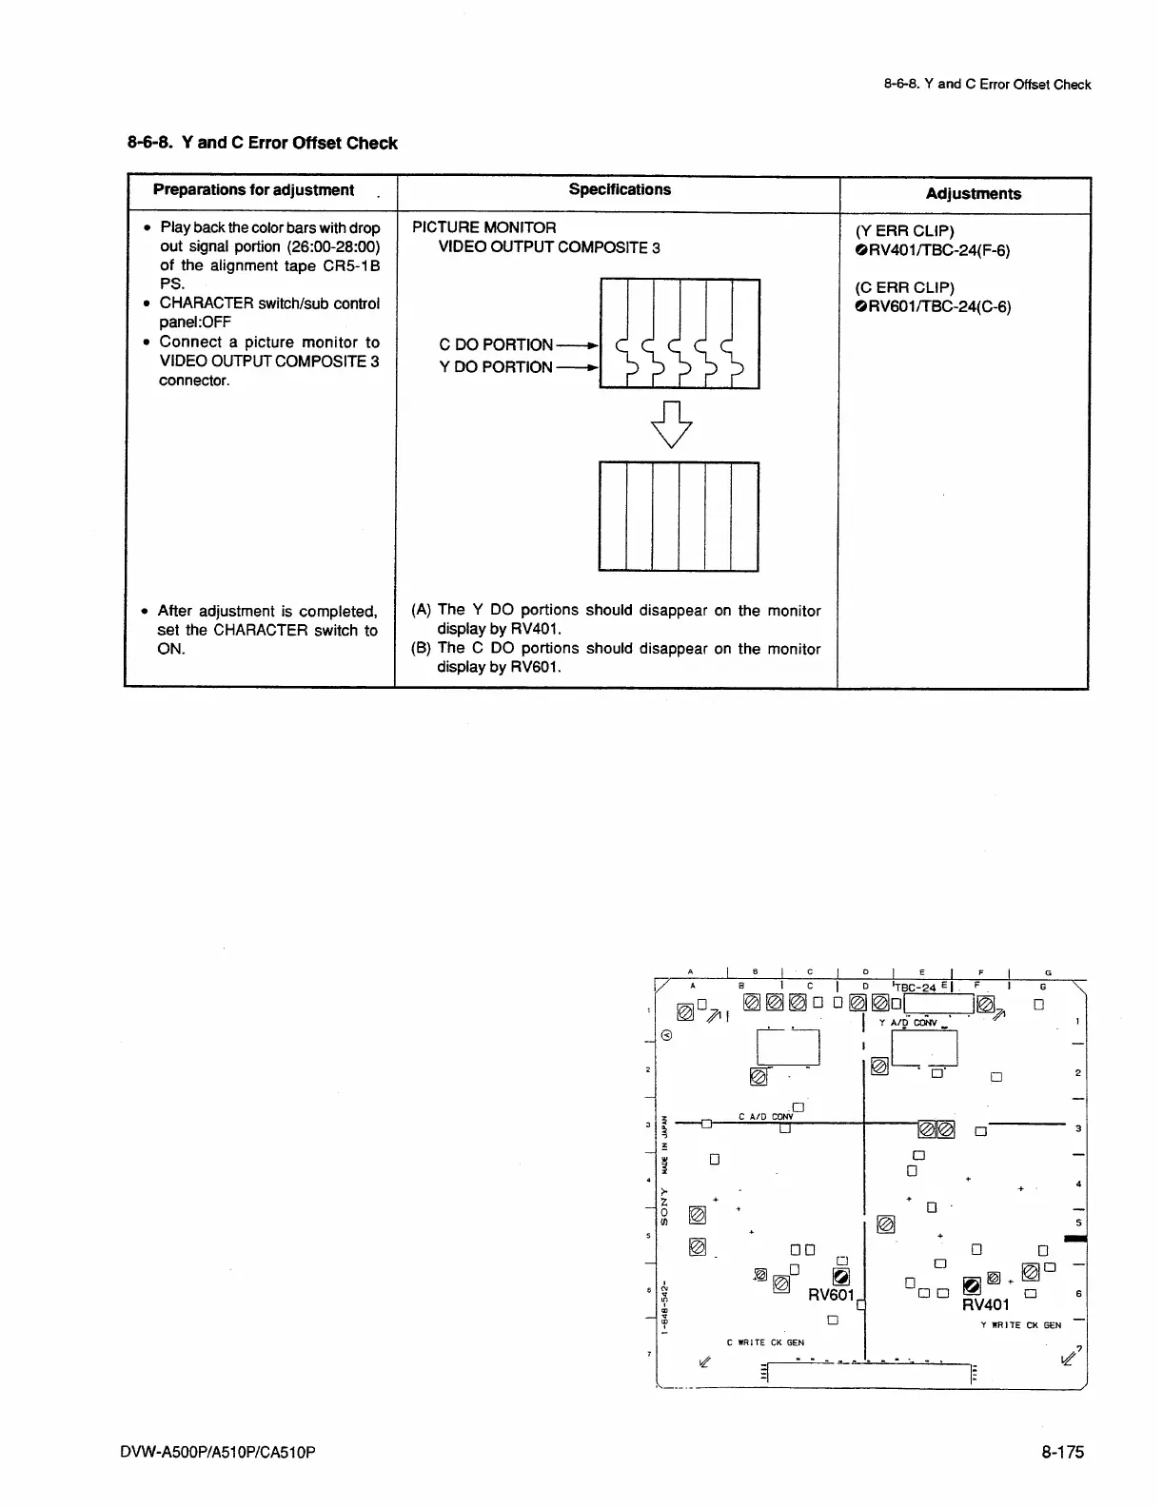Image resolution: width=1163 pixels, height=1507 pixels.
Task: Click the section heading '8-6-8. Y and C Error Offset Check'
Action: click(263, 144)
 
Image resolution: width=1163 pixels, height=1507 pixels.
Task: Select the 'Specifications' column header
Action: click(620, 189)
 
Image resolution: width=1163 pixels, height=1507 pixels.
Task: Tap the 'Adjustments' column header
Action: click(973, 194)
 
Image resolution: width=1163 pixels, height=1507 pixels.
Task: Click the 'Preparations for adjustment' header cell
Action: click(253, 190)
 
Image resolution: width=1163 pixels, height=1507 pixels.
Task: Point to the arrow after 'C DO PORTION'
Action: click(579, 345)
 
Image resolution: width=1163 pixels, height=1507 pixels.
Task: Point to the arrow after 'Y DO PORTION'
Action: click(579, 367)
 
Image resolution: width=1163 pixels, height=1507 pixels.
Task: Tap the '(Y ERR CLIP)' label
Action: click(904, 231)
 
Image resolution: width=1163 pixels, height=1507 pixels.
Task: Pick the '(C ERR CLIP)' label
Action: click(904, 287)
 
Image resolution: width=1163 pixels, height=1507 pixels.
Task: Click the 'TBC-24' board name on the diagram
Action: click(917, 988)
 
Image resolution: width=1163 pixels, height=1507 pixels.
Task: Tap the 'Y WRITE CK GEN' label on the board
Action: click(1020, 1324)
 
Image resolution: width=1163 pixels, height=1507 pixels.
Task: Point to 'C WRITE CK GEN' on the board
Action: click(765, 1342)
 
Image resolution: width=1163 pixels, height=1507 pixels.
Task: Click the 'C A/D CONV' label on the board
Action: click(765, 1117)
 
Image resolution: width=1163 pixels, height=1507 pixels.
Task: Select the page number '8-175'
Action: click(1062, 1452)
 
